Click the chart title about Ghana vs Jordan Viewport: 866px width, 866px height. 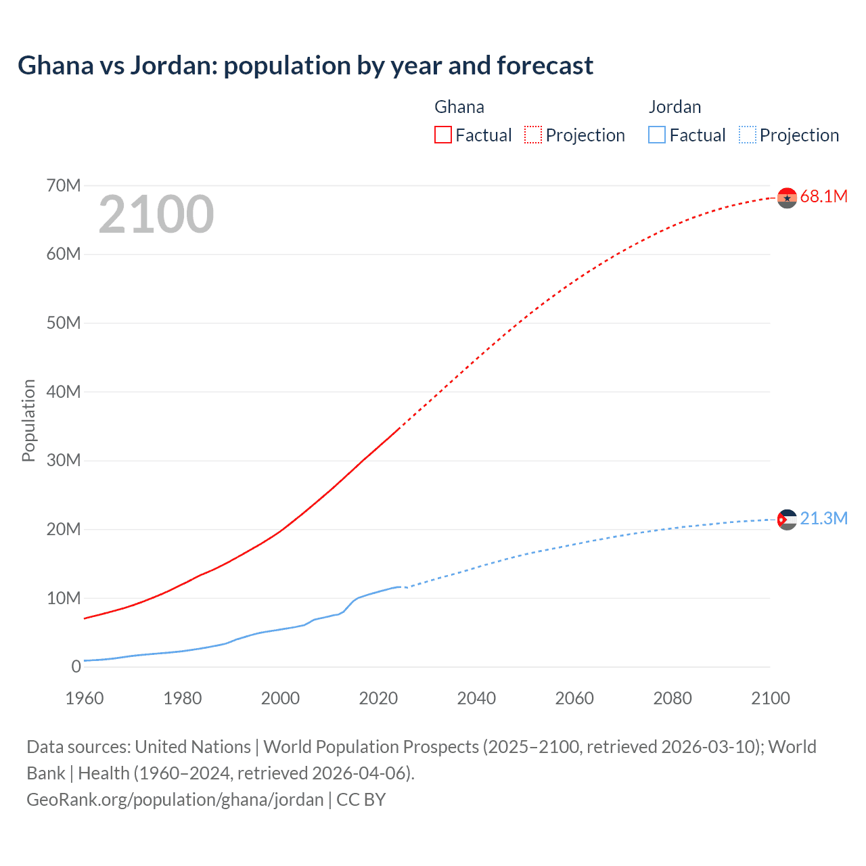click(305, 66)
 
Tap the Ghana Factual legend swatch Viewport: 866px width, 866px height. click(442, 135)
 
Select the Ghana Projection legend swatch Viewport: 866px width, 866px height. click(533, 135)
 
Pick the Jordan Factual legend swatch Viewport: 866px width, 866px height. click(657, 135)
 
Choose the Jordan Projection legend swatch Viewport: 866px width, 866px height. click(748, 135)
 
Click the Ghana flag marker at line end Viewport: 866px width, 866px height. click(787, 198)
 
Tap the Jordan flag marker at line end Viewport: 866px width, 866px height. click(787, 520)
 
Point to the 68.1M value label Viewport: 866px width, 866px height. click(823, 197)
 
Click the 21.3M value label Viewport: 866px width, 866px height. click(823, 519)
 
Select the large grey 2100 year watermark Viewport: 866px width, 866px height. click(156, 214)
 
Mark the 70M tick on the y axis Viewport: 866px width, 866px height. click(64, 185)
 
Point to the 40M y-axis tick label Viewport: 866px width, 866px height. click(64, 392)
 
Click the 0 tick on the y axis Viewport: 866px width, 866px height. click(76, 666)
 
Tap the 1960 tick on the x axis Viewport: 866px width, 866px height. click(85, 698)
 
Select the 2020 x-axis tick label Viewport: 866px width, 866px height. click(378, 698)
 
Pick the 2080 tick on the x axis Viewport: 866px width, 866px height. click(673, 698)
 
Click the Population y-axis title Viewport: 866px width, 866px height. click(28, 420)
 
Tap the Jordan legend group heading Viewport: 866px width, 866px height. click(675, 107)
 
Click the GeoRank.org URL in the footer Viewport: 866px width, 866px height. click(175, 800)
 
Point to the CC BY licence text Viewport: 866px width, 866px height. click(361, 800)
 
